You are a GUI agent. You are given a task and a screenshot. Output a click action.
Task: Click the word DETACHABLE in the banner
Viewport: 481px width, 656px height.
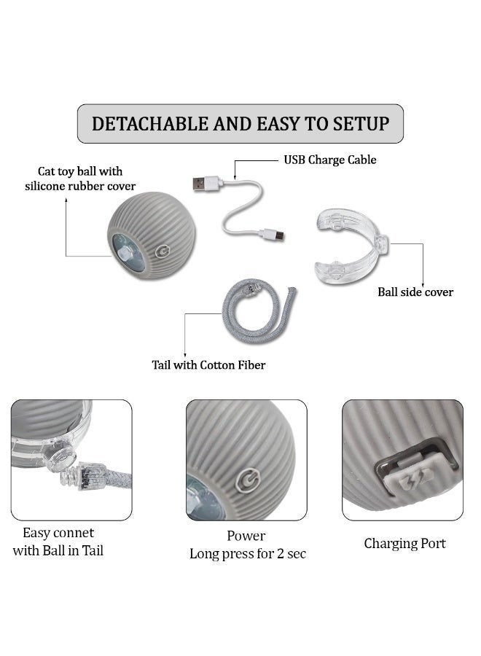pyautogui.click(x=149, y=124)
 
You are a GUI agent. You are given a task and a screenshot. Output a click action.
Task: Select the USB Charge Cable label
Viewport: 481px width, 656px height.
pyautogui.click(x=330, y=160)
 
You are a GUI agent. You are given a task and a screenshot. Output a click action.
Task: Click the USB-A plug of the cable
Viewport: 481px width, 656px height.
pyautogui.click(x=202, y=184)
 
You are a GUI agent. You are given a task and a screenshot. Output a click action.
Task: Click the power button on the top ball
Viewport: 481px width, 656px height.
pyautogui.click(x=163, y=251)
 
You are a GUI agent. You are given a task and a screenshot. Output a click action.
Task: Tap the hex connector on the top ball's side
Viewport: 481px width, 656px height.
pyautogui.click(x=123, y=252)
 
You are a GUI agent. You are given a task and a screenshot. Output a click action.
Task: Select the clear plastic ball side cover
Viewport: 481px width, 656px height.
pyautogui.click(x=351, y=246)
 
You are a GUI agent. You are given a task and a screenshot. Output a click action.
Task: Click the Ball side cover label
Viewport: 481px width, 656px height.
pyautogui.click(x=415, y=292)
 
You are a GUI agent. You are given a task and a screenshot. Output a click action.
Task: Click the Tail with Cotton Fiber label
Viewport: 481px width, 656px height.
pyautogui.click(x=208, y=365)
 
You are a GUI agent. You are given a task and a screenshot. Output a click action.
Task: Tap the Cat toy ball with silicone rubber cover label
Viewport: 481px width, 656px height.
pyautogui.click(x=80, y=179)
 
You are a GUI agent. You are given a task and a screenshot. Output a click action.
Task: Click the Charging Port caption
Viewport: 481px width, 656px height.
pyautogui.click(x=405, y=544)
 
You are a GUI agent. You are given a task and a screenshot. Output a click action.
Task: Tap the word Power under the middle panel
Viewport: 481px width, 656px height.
pyautogui.click(x=246, y=536)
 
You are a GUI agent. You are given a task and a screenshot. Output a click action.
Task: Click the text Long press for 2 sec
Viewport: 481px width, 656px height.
pyautogui.click(x=248, y=554)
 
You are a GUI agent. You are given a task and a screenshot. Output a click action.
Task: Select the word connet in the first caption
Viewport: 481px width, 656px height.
pyautogui.click(x=73, y=533)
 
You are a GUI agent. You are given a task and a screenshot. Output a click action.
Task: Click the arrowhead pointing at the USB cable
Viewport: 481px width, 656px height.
pyautogui.click(x=235, y=178)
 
